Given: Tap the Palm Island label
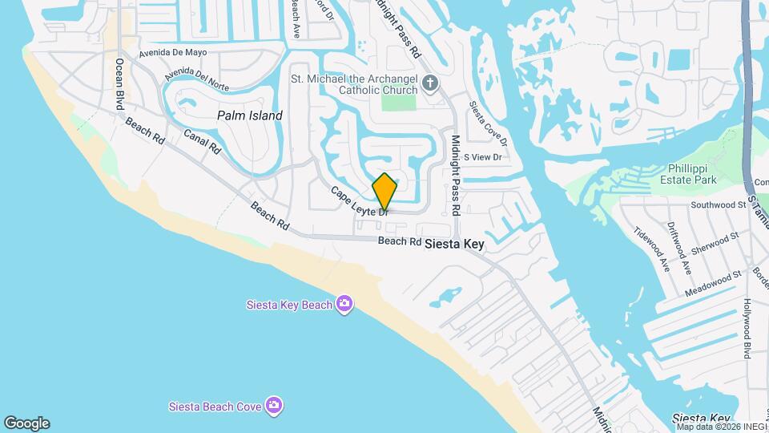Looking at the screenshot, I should pos(250,115).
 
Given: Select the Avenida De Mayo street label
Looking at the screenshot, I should pos(173,53).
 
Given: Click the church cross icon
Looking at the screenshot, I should pos(430,83).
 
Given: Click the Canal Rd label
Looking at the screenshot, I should pos(202,141).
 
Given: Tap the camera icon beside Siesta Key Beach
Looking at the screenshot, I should pos(344,303).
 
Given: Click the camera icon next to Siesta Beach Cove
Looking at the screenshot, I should pos(275,406).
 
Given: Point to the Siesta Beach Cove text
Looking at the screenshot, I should pos(215,407).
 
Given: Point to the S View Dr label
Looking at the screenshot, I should pos(481,157).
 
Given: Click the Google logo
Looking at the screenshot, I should pos(26,423).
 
